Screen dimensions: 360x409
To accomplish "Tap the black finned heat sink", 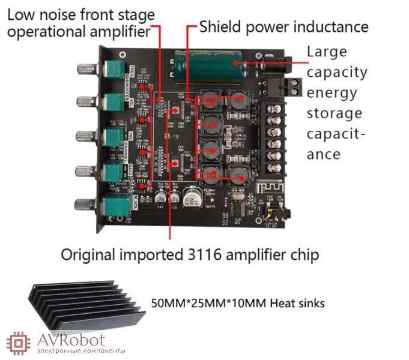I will pos(85,304).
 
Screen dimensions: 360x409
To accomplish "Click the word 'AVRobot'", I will pos(71,340).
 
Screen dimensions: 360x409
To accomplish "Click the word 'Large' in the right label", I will pos(327,52).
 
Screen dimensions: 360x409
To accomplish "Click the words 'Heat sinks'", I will pos(298,303).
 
